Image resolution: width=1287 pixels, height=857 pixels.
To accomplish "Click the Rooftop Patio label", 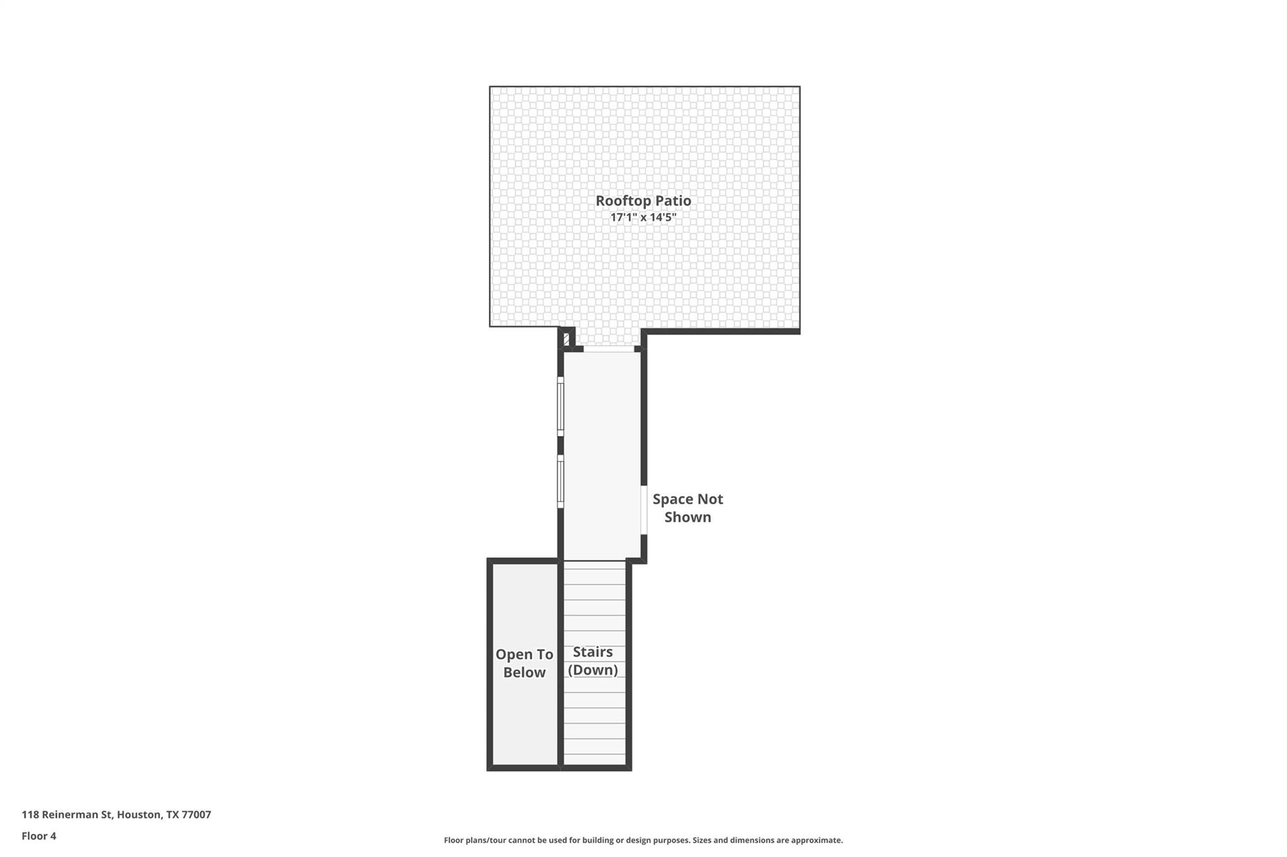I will [643, 201].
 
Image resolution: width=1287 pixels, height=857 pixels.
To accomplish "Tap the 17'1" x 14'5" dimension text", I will [643, 218].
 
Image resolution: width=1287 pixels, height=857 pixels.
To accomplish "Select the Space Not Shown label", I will [687, 508].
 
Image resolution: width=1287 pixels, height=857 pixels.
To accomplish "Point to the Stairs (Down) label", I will [593, 661].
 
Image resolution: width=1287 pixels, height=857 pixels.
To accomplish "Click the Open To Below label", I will [524, 663].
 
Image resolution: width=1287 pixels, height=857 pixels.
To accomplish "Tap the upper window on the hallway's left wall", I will [561, 406].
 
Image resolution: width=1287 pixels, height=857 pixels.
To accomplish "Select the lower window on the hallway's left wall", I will [561, 482].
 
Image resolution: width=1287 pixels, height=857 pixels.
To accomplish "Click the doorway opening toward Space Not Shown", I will [643, 510].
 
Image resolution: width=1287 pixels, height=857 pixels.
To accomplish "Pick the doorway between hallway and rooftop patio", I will [608, 349].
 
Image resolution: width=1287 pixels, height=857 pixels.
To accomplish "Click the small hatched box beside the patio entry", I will [566, 339].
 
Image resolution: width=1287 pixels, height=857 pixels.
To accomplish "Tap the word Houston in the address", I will [138, 814].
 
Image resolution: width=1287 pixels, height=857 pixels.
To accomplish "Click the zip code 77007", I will [196, 814].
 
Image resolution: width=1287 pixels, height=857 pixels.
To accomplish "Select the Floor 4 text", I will [39, 836].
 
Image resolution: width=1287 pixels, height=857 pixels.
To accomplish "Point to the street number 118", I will [30, 814].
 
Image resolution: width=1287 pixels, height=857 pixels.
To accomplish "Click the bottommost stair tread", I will [594, 760].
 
